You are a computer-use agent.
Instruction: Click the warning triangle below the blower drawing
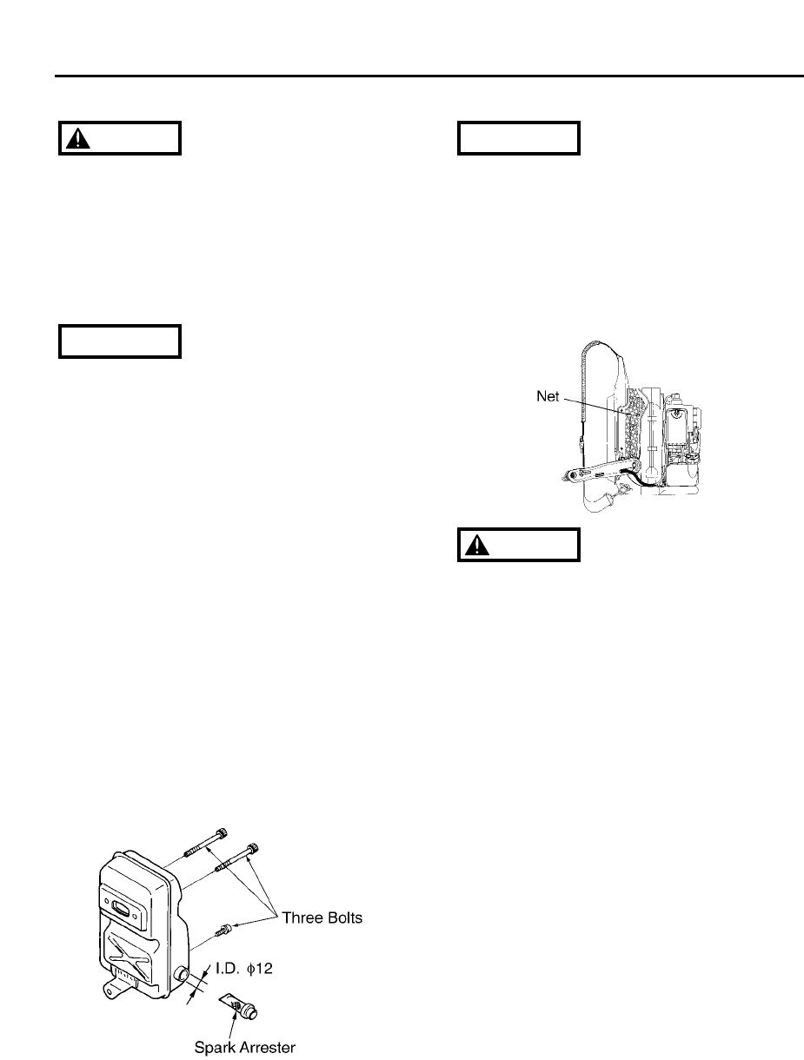tap(477, 545)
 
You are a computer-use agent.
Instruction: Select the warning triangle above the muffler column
tap(78, 138)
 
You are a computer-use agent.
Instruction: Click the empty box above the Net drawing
tap(518, 138)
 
